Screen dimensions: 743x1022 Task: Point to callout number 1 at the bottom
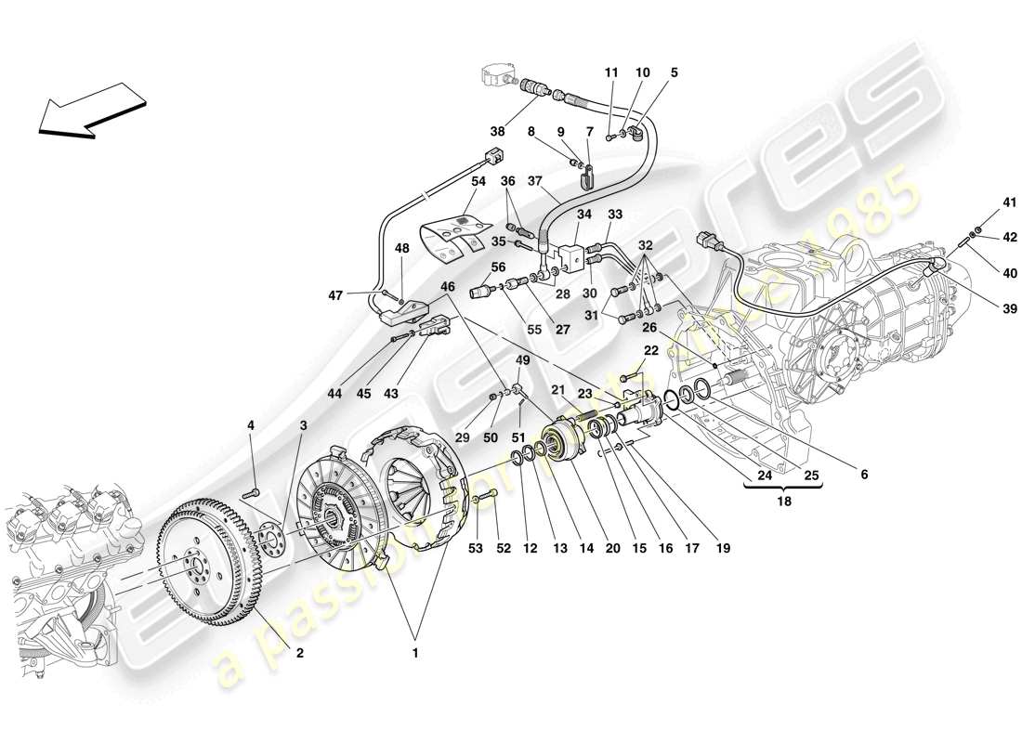click(x=415, y=653)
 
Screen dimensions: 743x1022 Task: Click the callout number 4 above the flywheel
click(x=250, y=426)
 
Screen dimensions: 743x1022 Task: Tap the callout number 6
click(x=863, y=474)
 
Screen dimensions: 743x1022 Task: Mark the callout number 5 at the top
click(x=674, y=72)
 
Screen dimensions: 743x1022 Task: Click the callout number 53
click(x=477, y=548)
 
